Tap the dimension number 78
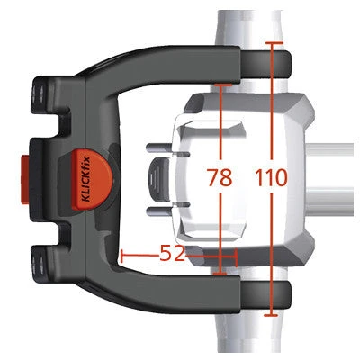tap(220, 177)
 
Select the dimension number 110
tap(271, 177)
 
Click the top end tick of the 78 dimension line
tap(220, 85)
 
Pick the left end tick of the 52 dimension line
tap(121, 255)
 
